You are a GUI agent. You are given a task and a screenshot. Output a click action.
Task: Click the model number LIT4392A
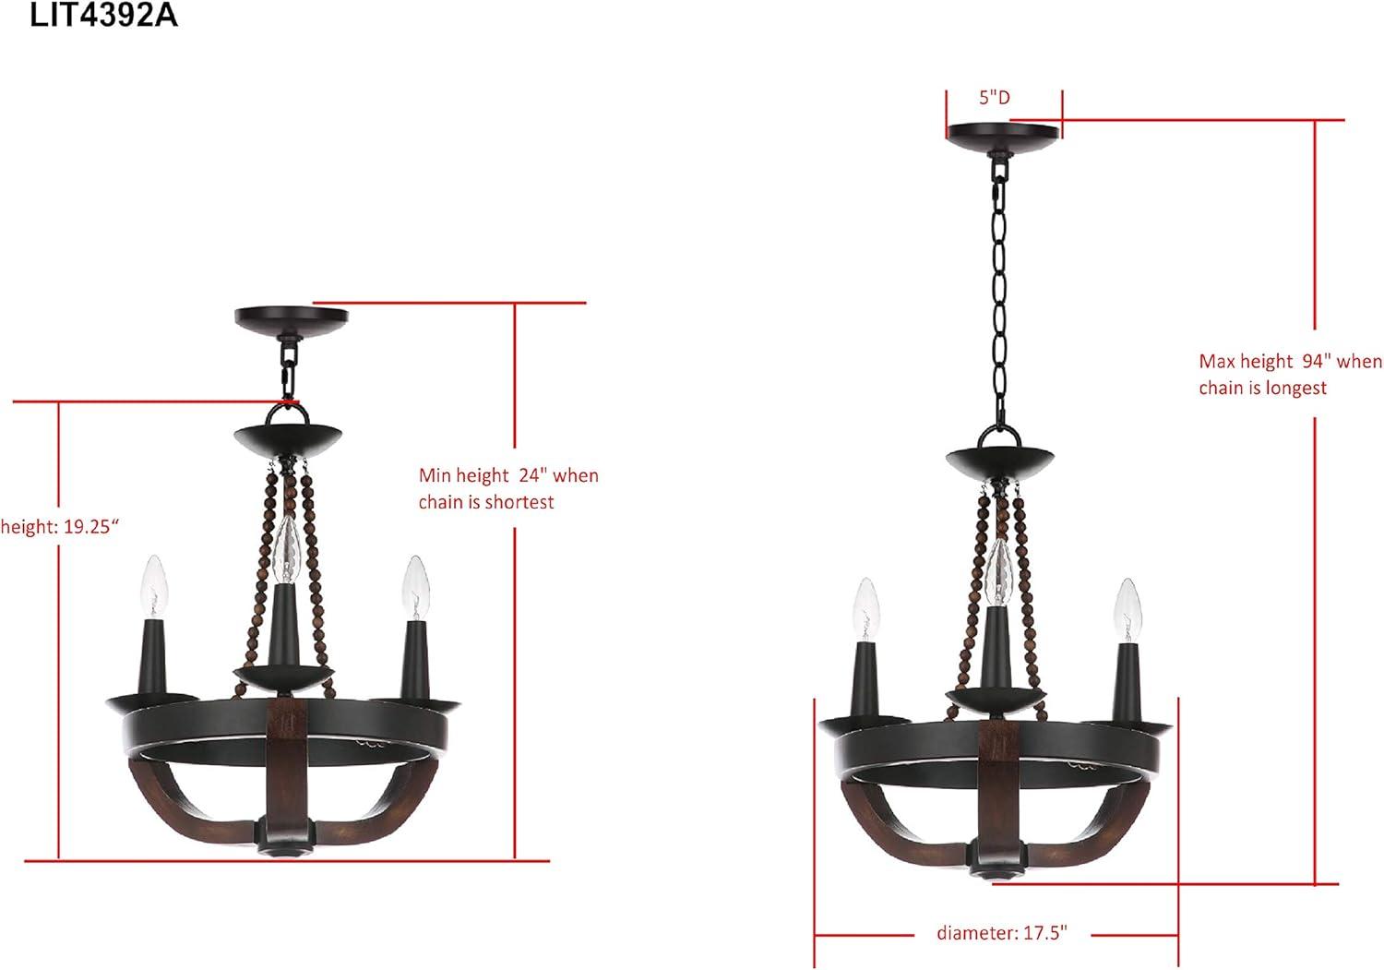pos(103,15)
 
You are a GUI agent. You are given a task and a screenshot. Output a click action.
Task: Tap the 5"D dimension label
pos(994,98)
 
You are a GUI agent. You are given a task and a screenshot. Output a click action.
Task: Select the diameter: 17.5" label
pos(1002,932)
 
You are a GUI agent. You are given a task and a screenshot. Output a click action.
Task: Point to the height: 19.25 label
pos(59,527)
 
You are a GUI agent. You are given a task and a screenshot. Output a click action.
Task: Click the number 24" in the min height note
pos(532,474)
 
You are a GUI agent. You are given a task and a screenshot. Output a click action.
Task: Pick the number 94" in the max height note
pos(1316,361)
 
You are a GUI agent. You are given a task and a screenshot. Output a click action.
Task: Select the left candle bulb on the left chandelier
pos(154,587)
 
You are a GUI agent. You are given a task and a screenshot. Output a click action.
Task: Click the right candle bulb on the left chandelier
pos(415,587)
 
